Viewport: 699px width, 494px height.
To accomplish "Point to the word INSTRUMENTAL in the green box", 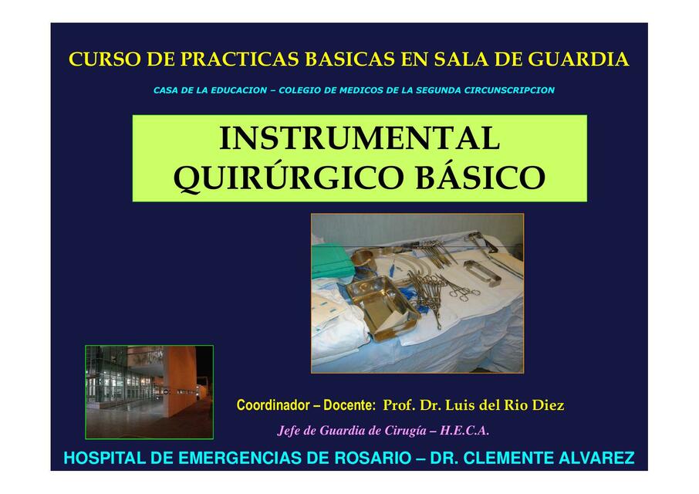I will [x=360, y=139].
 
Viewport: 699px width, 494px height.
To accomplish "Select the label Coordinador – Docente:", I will [x=306, y=405].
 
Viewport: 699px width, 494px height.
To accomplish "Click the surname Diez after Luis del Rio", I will [x=546, y=405].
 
